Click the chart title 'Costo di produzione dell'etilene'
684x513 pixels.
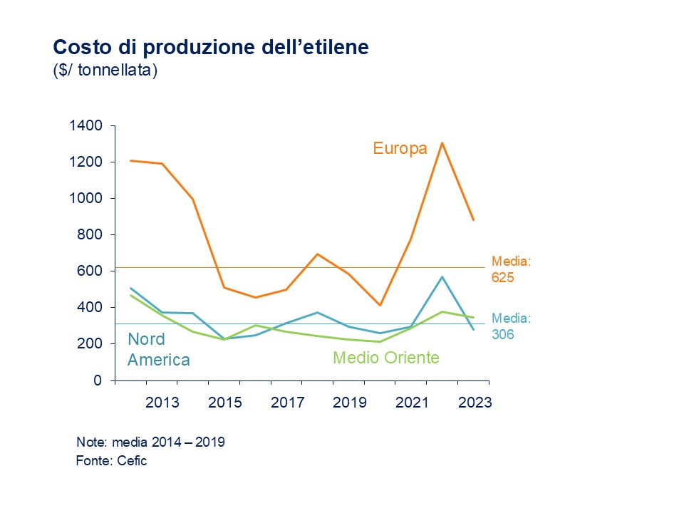coord(211,48)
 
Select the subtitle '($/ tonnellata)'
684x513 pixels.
coord(105,71)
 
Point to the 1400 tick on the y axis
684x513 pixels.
coord(85,126)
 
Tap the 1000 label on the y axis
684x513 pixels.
coord(85,199)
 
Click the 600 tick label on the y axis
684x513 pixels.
coord(90,271)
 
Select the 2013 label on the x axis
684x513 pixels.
coord(162,403)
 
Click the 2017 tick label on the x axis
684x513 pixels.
coord(288,403)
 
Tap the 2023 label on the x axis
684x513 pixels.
coord(475,403)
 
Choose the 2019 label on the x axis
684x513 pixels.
coord(350,403)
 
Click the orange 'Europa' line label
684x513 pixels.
coord(400,148)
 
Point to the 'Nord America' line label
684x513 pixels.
coord(158,350)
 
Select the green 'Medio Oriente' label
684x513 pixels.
coord(386,358)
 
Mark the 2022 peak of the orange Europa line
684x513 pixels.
coord(442,143)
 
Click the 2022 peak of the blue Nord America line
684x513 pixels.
coord(442,276)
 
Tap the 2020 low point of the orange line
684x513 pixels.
coord(380,305)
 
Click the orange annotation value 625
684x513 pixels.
coord(503,276)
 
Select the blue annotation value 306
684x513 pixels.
coord(503,332)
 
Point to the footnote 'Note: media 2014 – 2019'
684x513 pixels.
coord(150,442)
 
